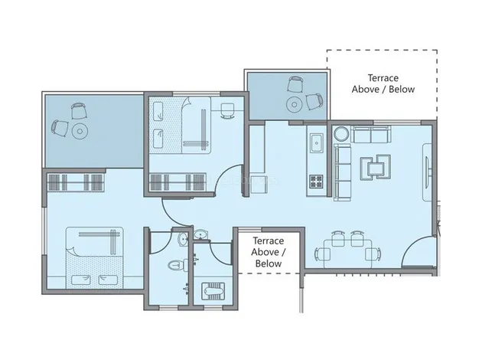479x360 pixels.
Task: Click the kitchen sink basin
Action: (317, 142)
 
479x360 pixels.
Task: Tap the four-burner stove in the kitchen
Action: (317, 181)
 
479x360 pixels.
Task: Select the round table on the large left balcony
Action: (80, 131)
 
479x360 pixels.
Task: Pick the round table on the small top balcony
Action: (295, 105)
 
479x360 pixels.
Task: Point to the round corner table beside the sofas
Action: (341, 134)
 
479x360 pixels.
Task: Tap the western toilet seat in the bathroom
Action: (178, 265)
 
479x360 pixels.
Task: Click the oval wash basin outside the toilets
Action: (200, 234)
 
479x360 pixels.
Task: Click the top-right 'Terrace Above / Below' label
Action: (383, 83)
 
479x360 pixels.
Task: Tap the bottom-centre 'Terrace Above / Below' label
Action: (269, 252)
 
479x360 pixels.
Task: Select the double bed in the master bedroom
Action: (95, 258)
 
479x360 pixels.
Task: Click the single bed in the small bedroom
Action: (180, 125)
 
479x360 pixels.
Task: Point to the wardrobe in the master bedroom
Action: (76, 182)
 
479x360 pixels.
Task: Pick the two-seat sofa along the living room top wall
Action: (371, 134)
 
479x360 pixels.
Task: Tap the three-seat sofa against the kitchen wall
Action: (343, 172)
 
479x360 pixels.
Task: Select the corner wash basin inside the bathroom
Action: (184, 238)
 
